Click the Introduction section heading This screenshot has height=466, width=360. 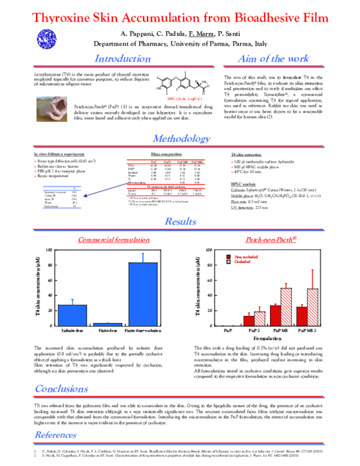(123, 59)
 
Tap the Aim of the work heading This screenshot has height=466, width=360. (273, 59)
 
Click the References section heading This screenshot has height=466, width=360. (64, 435)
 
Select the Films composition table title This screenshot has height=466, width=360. (161, 155)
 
